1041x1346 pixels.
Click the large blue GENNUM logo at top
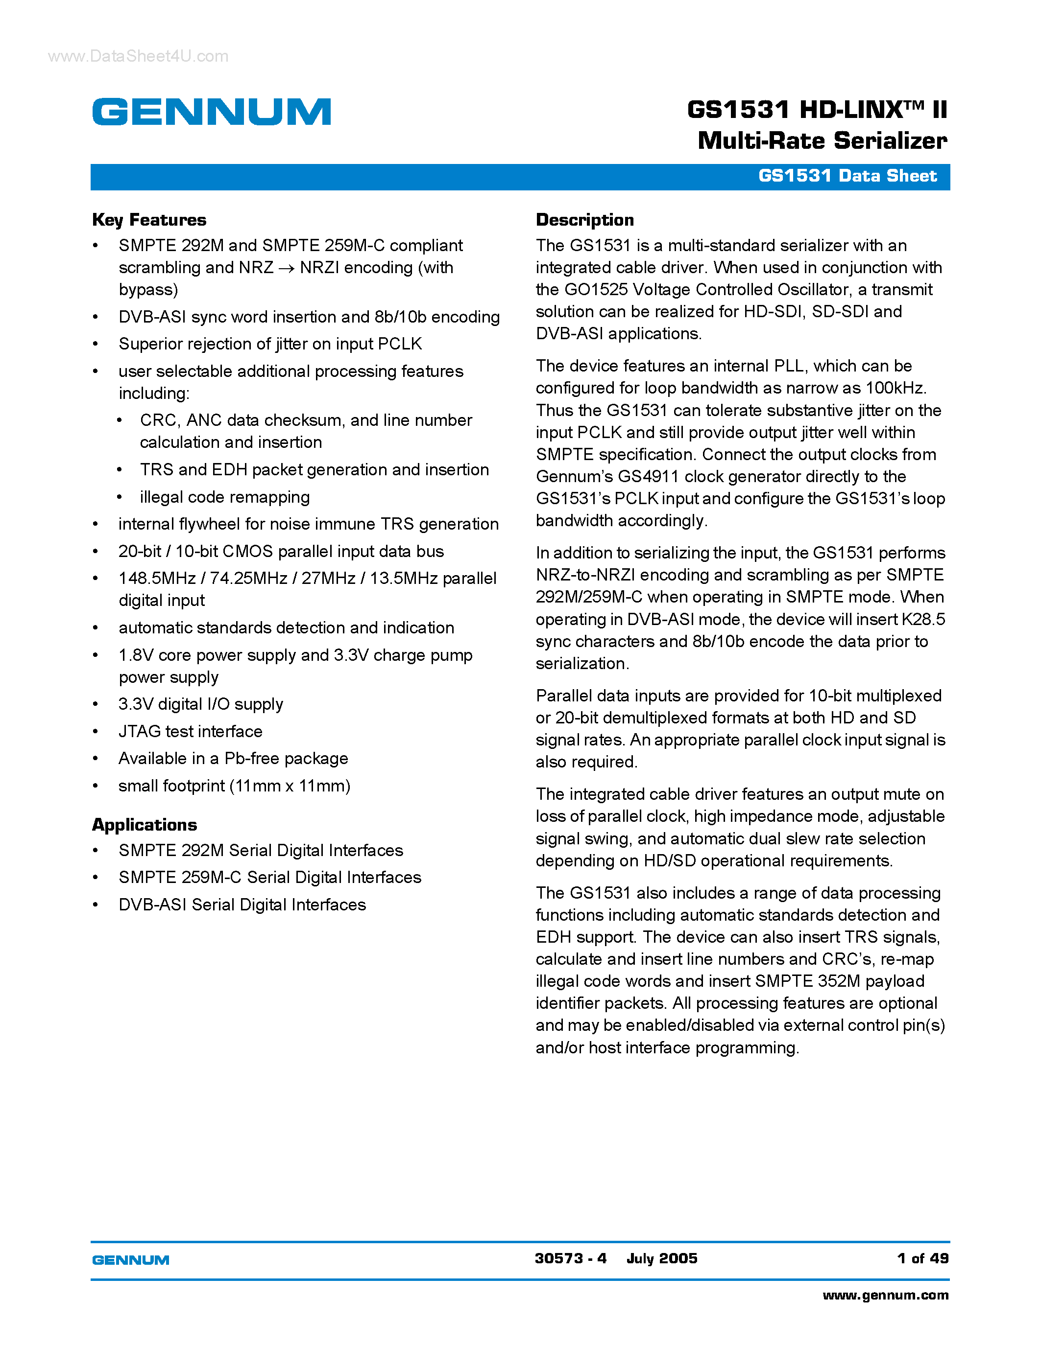[212, 112]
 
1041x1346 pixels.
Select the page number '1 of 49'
[922, 1258]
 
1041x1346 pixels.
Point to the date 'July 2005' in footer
[661, 1258]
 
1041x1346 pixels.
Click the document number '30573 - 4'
[570, 1258]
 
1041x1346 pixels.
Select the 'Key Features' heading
[149, 220]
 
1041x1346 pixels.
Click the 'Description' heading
[584, 220]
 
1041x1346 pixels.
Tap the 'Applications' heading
[145, 825]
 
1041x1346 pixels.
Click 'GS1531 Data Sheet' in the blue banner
[847, 176]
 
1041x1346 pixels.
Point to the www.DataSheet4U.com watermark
[138, 56]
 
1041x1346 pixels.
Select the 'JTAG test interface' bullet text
[190, 732]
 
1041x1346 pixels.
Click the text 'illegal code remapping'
[224, 497]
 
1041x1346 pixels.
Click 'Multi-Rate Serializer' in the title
[822, 141]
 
